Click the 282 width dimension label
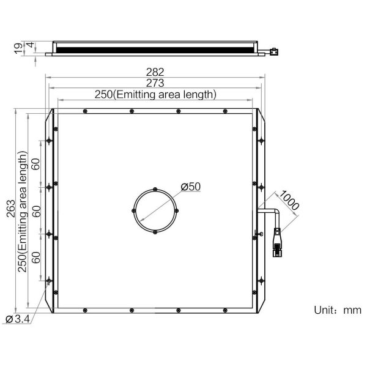pyautogui.click(x=155, y=72)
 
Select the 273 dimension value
pyautogui.click(x=155, y=83)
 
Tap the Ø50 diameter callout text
pyautogui.click(x=191, y=187)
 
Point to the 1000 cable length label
pyautogui.click(x=289, y=201)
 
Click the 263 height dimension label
pyautogui.click(x=11, y=209)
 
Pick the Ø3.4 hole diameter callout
pyautogui.click(x=18, y=319)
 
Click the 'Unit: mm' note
pyautogui.click(x=338, y=310)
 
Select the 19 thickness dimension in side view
pyautogui.click(x=18, y=49)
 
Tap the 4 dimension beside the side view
pyautogui.click(x=31, y=45)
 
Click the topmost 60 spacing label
pyautogui.click(x=36, y=164)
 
